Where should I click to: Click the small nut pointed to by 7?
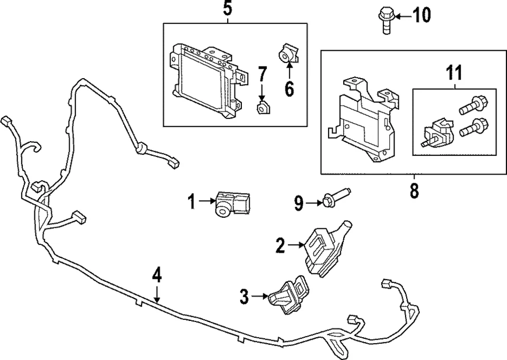(x=262, y=108)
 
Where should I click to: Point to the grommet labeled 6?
(x=288, y=54)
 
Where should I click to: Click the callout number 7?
(x=262, y=74)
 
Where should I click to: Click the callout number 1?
(x=191, y=201)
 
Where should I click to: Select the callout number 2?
(x=280, y=245)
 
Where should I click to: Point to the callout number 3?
(x=244, y=297)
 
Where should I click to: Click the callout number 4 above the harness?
(x=157, y=274)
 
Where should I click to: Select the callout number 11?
(x=454, y=71)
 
